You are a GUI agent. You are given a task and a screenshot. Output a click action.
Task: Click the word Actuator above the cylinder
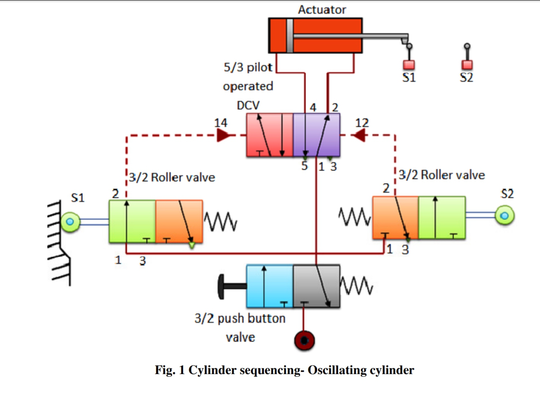[x=322, y=10]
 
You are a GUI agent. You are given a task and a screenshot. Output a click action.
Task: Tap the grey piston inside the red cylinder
[x=290, y=36]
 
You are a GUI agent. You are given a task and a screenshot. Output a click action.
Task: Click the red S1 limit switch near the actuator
[x=409, y=65]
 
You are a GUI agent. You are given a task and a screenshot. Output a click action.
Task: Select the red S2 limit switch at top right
[x=467, y=65]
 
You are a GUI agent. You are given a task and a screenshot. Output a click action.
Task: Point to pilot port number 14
[x=221, y=123]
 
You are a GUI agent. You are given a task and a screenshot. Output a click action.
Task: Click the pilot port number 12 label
[x=362, y=123]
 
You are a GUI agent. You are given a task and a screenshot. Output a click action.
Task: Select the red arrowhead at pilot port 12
[x=359, y=136]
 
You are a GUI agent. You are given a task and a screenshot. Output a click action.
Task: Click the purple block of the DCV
[x=316, y=135]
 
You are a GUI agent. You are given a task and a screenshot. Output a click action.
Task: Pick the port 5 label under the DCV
[x=304, y=166]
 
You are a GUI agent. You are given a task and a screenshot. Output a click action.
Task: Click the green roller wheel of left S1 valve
[x=70, y=222]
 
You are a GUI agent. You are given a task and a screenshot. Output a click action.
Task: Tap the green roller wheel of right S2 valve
[x=504, y=215]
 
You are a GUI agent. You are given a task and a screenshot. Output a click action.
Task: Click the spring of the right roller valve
[x=355, y=216]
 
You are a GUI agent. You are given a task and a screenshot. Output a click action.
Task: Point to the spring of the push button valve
[x=356, y=286]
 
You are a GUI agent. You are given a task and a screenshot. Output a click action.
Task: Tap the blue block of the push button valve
[x=270, y=286]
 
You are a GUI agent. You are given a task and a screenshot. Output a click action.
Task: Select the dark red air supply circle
[x=304, y=341]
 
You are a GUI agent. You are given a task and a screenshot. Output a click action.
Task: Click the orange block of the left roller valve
[x=179, y=221]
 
